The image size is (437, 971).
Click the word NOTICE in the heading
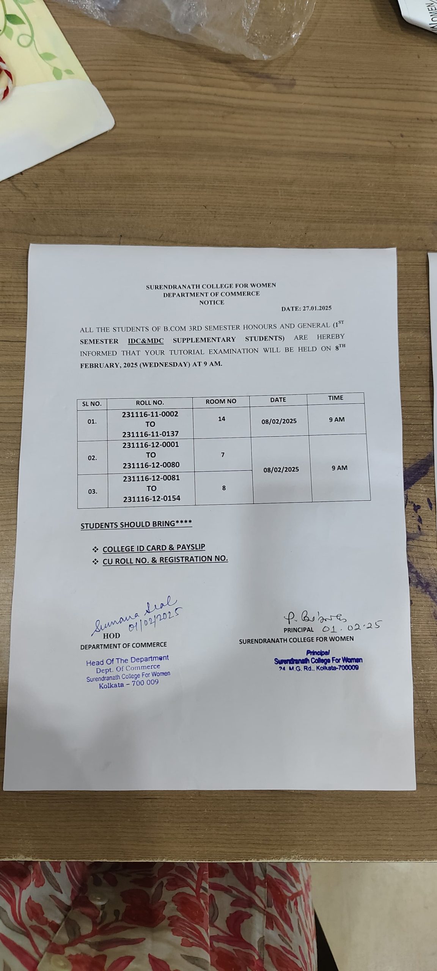212,302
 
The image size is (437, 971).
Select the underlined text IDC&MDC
146,341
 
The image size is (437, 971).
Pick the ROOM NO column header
221,401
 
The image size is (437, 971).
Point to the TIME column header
335,398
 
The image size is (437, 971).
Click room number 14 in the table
222,419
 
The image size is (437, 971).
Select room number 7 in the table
223,454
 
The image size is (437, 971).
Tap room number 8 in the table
224,488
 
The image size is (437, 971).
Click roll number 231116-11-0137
150,434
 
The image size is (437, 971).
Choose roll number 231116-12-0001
151,445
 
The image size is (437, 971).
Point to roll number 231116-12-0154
152,498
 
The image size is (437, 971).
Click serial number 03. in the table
93,492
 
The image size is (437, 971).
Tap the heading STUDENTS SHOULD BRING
136,525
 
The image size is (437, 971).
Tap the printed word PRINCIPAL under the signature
299,630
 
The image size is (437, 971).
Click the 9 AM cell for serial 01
336,420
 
